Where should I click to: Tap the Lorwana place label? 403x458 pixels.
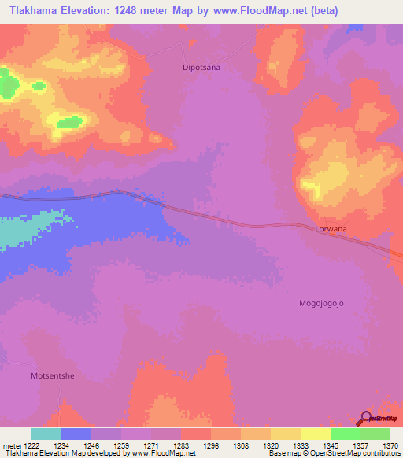pos(331,229)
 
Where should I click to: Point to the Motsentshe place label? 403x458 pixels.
pos(52,376)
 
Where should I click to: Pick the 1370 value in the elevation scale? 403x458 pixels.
pos(389,445)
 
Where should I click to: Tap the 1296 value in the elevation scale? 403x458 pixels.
pos(210,445)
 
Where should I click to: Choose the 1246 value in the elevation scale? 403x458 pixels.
pos(91,445)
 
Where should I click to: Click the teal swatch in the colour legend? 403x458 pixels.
pos(46,434)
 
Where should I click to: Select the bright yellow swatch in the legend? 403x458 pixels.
pos(315,434)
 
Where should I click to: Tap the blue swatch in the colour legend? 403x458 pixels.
pos(76,434)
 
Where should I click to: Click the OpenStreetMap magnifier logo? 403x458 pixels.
pos(367,418)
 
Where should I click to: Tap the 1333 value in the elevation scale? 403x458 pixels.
pos(300,445)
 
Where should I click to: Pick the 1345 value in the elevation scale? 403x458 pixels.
pos(330,445)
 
